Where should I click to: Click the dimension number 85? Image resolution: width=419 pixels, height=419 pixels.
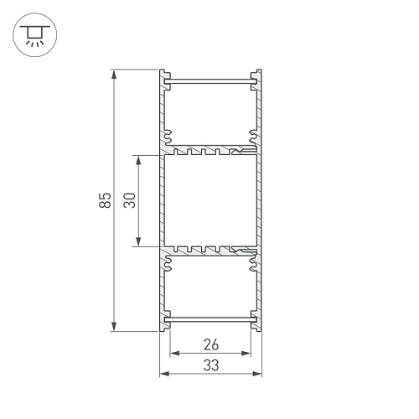click(105, 200)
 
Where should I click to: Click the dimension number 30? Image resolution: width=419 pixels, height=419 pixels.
click(129, 200)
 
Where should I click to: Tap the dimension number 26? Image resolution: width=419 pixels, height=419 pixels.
click(211, 344)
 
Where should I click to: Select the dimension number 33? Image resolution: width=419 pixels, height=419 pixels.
click(211, 365)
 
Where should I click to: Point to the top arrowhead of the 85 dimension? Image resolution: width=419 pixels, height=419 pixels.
click(114, 75)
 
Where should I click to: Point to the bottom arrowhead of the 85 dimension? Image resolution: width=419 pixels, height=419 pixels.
click(114, 326)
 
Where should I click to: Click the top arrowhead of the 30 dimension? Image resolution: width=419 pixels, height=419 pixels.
click(138, 160)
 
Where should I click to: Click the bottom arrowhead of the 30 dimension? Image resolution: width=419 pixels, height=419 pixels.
click(138, 241)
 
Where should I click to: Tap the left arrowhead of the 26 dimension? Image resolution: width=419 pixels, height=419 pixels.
click(175, 354)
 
